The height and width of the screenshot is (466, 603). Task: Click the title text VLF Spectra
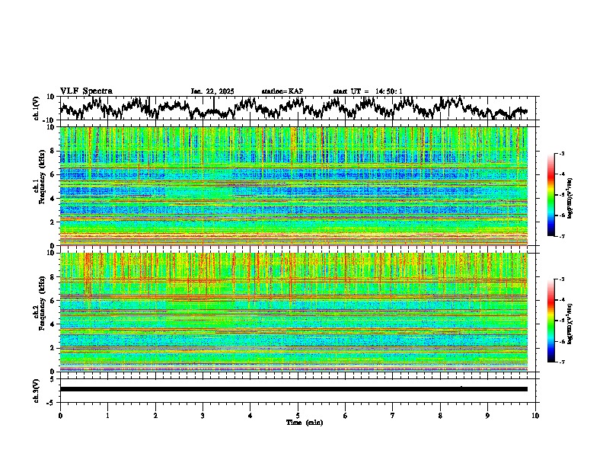tap(86, 91)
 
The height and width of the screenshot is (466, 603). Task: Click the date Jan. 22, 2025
tap(212, 91)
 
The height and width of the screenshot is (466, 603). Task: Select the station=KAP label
tap(282, 91)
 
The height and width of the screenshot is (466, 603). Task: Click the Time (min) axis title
tap(304, 422)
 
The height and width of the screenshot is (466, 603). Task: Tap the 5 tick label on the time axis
tap(298, 415)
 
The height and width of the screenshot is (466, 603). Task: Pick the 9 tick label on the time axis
tap(488, 415)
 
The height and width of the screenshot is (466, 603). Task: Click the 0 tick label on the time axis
tap(60, 415)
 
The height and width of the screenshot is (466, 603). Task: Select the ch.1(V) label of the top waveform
tap(37, 108)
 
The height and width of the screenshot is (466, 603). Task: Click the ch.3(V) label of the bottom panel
tap(37, 389)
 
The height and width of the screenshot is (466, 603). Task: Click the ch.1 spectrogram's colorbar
tap(551, 196)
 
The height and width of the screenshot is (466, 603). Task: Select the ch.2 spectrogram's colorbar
tap(551, 321)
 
